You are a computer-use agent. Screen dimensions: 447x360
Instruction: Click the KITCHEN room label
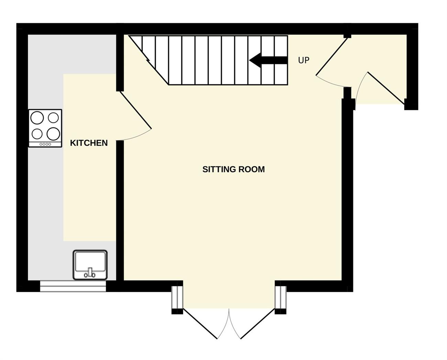pos(89,143)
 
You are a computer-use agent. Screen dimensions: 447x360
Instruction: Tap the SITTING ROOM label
pos(233,169)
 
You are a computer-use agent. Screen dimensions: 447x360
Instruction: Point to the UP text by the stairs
pos(304,60)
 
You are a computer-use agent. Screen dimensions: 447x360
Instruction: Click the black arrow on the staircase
pos(268,60)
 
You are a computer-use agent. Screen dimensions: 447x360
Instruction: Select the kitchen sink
pos(90,265)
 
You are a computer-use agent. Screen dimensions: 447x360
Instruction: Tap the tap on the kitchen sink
pos(90,273)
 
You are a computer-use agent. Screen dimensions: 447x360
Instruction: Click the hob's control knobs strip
pos(45,144)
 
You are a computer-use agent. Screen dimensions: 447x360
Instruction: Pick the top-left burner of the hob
pos(37,118)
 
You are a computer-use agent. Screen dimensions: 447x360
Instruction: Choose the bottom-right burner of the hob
pos(53,134)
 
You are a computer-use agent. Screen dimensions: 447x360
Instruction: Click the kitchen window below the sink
pos(73,286)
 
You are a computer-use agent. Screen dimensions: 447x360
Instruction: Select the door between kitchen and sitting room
pos(135,110)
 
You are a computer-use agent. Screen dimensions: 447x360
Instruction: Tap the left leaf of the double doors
pos(200,324)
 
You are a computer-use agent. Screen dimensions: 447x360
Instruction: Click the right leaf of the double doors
pos(258,324)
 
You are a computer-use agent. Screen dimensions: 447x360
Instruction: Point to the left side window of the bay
pos(177,297)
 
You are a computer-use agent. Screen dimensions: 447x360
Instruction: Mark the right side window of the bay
pos(281,297)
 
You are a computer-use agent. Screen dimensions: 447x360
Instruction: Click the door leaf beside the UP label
pos(332,56)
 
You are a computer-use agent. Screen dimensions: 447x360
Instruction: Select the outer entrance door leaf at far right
pos(386,88)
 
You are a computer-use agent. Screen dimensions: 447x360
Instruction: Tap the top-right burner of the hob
pos(53,118)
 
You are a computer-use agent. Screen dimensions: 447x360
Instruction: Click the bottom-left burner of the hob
pos(37,134)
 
